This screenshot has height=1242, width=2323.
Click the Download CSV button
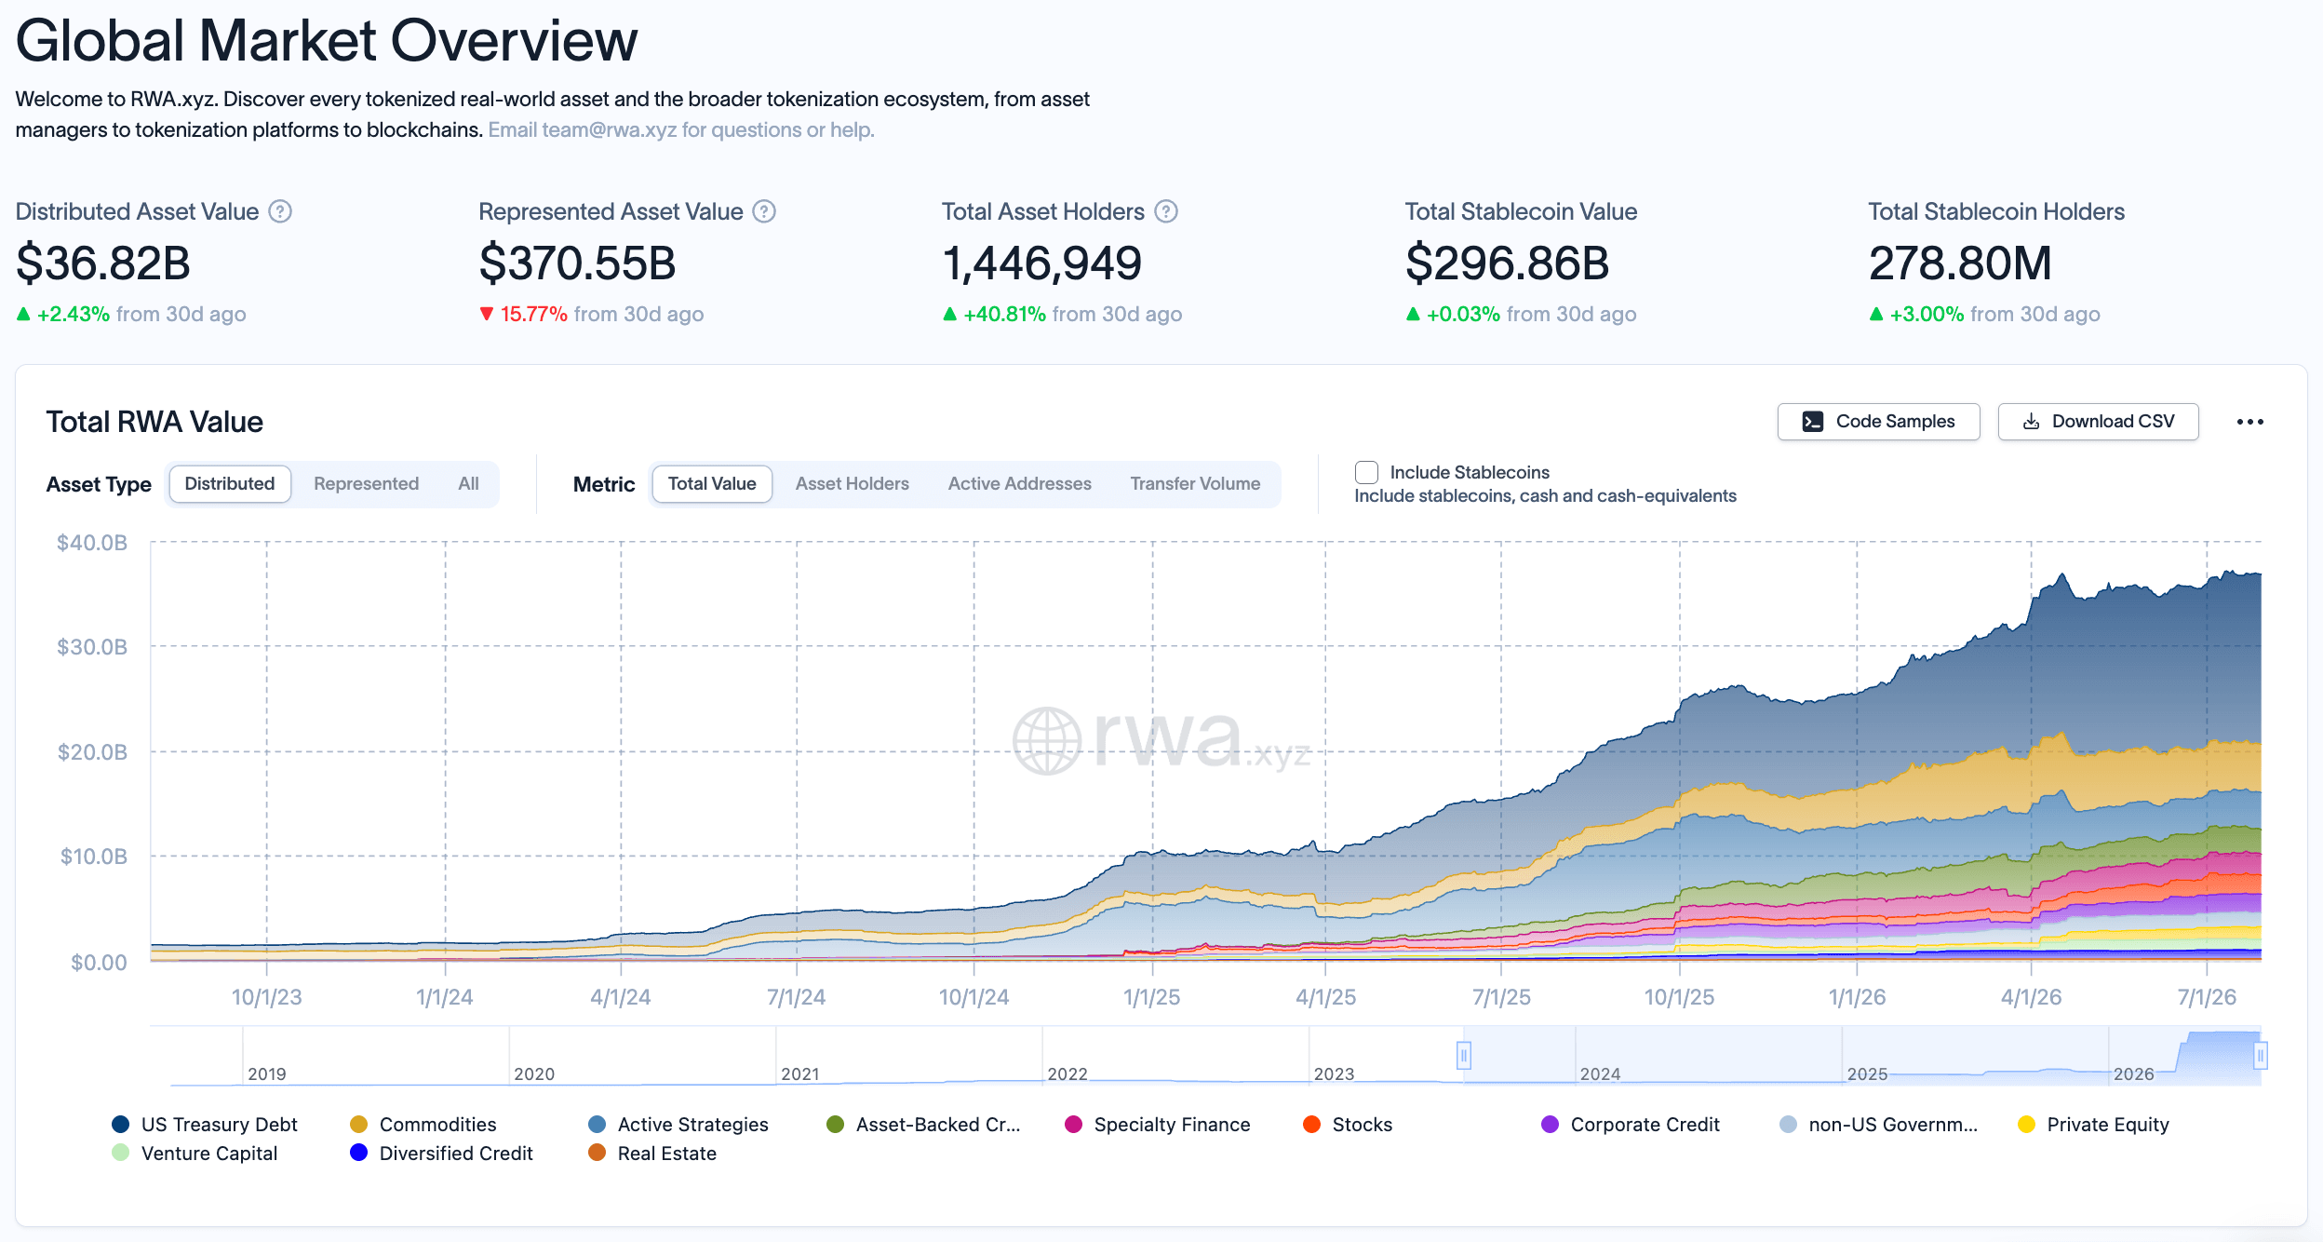tap(2098, 422)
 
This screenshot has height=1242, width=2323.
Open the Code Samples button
tap(1878, 422)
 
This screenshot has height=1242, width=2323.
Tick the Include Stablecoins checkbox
tap(1366, 472)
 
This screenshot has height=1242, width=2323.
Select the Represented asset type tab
tap(366, 484)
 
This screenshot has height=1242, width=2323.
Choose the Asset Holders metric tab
tap(852, 484)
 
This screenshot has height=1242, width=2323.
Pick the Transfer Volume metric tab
tap(1195, 484)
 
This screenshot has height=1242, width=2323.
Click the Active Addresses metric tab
tap(1019, 484)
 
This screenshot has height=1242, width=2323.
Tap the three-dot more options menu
tap(2249, 422)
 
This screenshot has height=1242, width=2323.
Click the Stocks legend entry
tap(1348, 1125)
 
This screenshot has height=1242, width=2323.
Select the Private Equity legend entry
tap(2093, 1125)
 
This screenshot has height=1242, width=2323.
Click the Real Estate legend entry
tap(652, 1154)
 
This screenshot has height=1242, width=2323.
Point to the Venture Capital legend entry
tap(195, 1154)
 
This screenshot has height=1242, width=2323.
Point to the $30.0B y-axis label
tap(92, 647)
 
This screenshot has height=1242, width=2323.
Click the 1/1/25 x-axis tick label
tap(1151, 997)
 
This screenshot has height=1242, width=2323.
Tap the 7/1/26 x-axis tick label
tap(2207, 997)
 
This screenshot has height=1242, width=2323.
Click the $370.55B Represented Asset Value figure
tap(577, 263)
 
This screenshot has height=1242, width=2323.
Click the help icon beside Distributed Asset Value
tap(280, 212)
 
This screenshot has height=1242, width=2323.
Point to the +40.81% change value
tap(1004, 315)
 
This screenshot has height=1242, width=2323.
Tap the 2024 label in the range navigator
tap(1600, 1073)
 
